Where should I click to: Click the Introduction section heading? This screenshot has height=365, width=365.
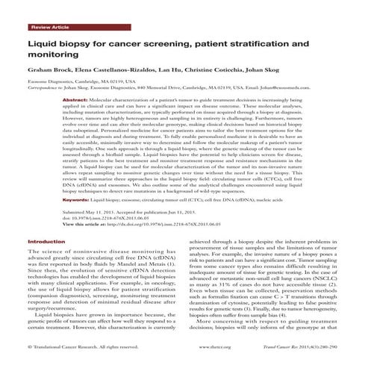46,243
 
